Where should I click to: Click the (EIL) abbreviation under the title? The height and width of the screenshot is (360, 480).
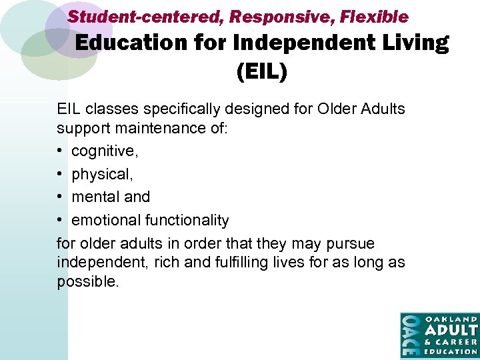coord(262,70)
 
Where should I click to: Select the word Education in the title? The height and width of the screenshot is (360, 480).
coord(131,43)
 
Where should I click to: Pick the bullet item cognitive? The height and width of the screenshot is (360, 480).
coord(105,151)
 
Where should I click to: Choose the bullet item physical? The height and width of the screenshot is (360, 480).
coord(101,175)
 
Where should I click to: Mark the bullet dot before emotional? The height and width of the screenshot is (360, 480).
coord(61,221)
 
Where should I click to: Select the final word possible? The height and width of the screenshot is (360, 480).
coord(87,282)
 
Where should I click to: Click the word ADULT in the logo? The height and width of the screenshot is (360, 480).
coord(451,330)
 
